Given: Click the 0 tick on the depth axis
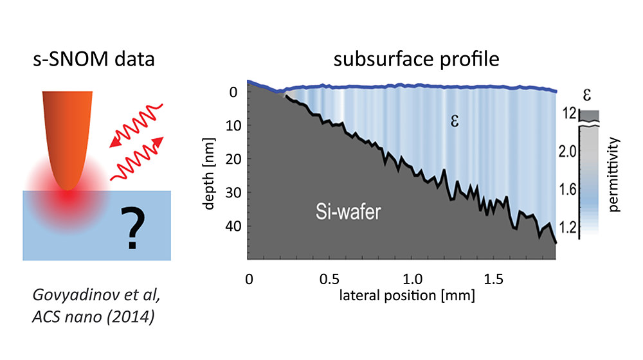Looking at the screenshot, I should (x=235, y=92).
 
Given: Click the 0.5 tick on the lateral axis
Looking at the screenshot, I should (x=330, y=280).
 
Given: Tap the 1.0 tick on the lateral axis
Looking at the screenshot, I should (x=412, y=280).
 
